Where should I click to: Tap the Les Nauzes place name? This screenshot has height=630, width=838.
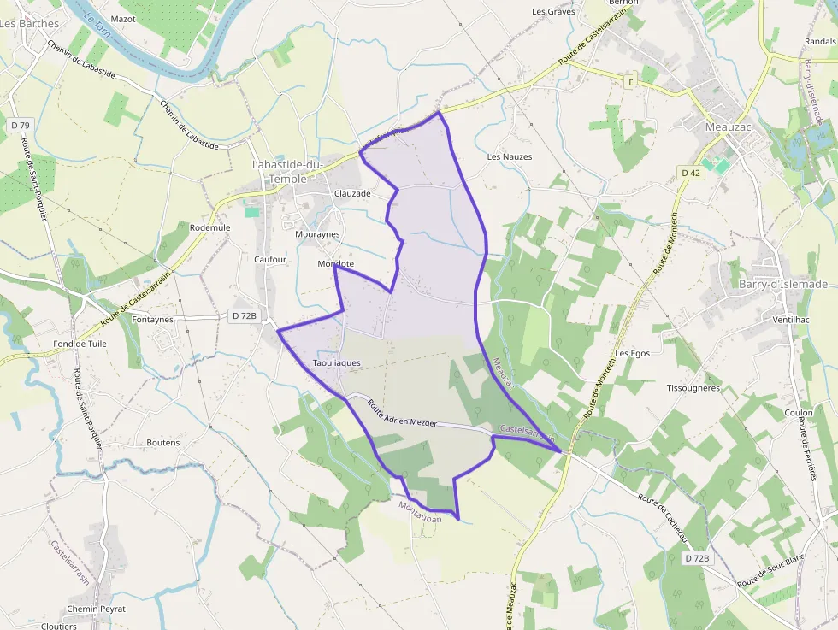point(510,157)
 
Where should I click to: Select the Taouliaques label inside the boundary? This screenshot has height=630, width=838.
point(336,363)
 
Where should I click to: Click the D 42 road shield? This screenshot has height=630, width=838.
point(691,173)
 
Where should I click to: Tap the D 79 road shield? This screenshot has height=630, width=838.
point(21,126)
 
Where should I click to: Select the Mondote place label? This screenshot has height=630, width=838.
point(335,264)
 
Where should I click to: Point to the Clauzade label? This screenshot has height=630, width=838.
point(352,194)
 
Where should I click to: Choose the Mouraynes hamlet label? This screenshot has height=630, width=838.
point(317,234)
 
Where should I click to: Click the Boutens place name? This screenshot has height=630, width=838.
point(163,443)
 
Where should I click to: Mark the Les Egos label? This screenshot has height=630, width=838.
point(633,354)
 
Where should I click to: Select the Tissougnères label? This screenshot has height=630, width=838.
point(693,388)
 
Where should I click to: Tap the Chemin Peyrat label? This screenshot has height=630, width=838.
point(96,609)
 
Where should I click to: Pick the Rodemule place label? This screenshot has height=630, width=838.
point(210,228)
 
